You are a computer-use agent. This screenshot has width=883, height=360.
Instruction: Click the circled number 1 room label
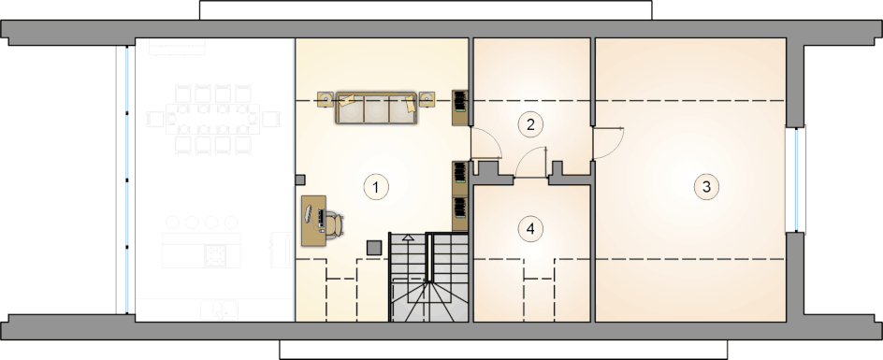376,186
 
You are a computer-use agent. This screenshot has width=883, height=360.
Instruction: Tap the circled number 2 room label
530,124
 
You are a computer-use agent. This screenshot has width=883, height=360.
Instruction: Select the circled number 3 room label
706,186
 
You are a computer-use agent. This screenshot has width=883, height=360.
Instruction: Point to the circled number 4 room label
530,229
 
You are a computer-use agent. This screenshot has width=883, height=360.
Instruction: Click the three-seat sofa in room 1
376,108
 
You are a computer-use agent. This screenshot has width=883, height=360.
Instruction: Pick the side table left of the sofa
326,99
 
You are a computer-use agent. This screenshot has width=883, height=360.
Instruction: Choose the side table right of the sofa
427,99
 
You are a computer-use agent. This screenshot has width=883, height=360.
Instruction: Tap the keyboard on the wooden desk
321,218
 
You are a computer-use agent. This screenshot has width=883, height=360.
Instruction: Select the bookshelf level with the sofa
460,107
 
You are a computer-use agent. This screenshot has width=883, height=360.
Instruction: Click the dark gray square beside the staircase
374,247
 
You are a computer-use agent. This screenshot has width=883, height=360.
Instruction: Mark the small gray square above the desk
300,180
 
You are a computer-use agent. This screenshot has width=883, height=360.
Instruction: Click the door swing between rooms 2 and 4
531,163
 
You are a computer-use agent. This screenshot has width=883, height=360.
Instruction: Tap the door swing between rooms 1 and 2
486,142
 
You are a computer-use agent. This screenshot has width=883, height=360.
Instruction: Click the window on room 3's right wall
796,180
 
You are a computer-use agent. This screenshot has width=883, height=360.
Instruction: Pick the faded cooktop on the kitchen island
214,254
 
